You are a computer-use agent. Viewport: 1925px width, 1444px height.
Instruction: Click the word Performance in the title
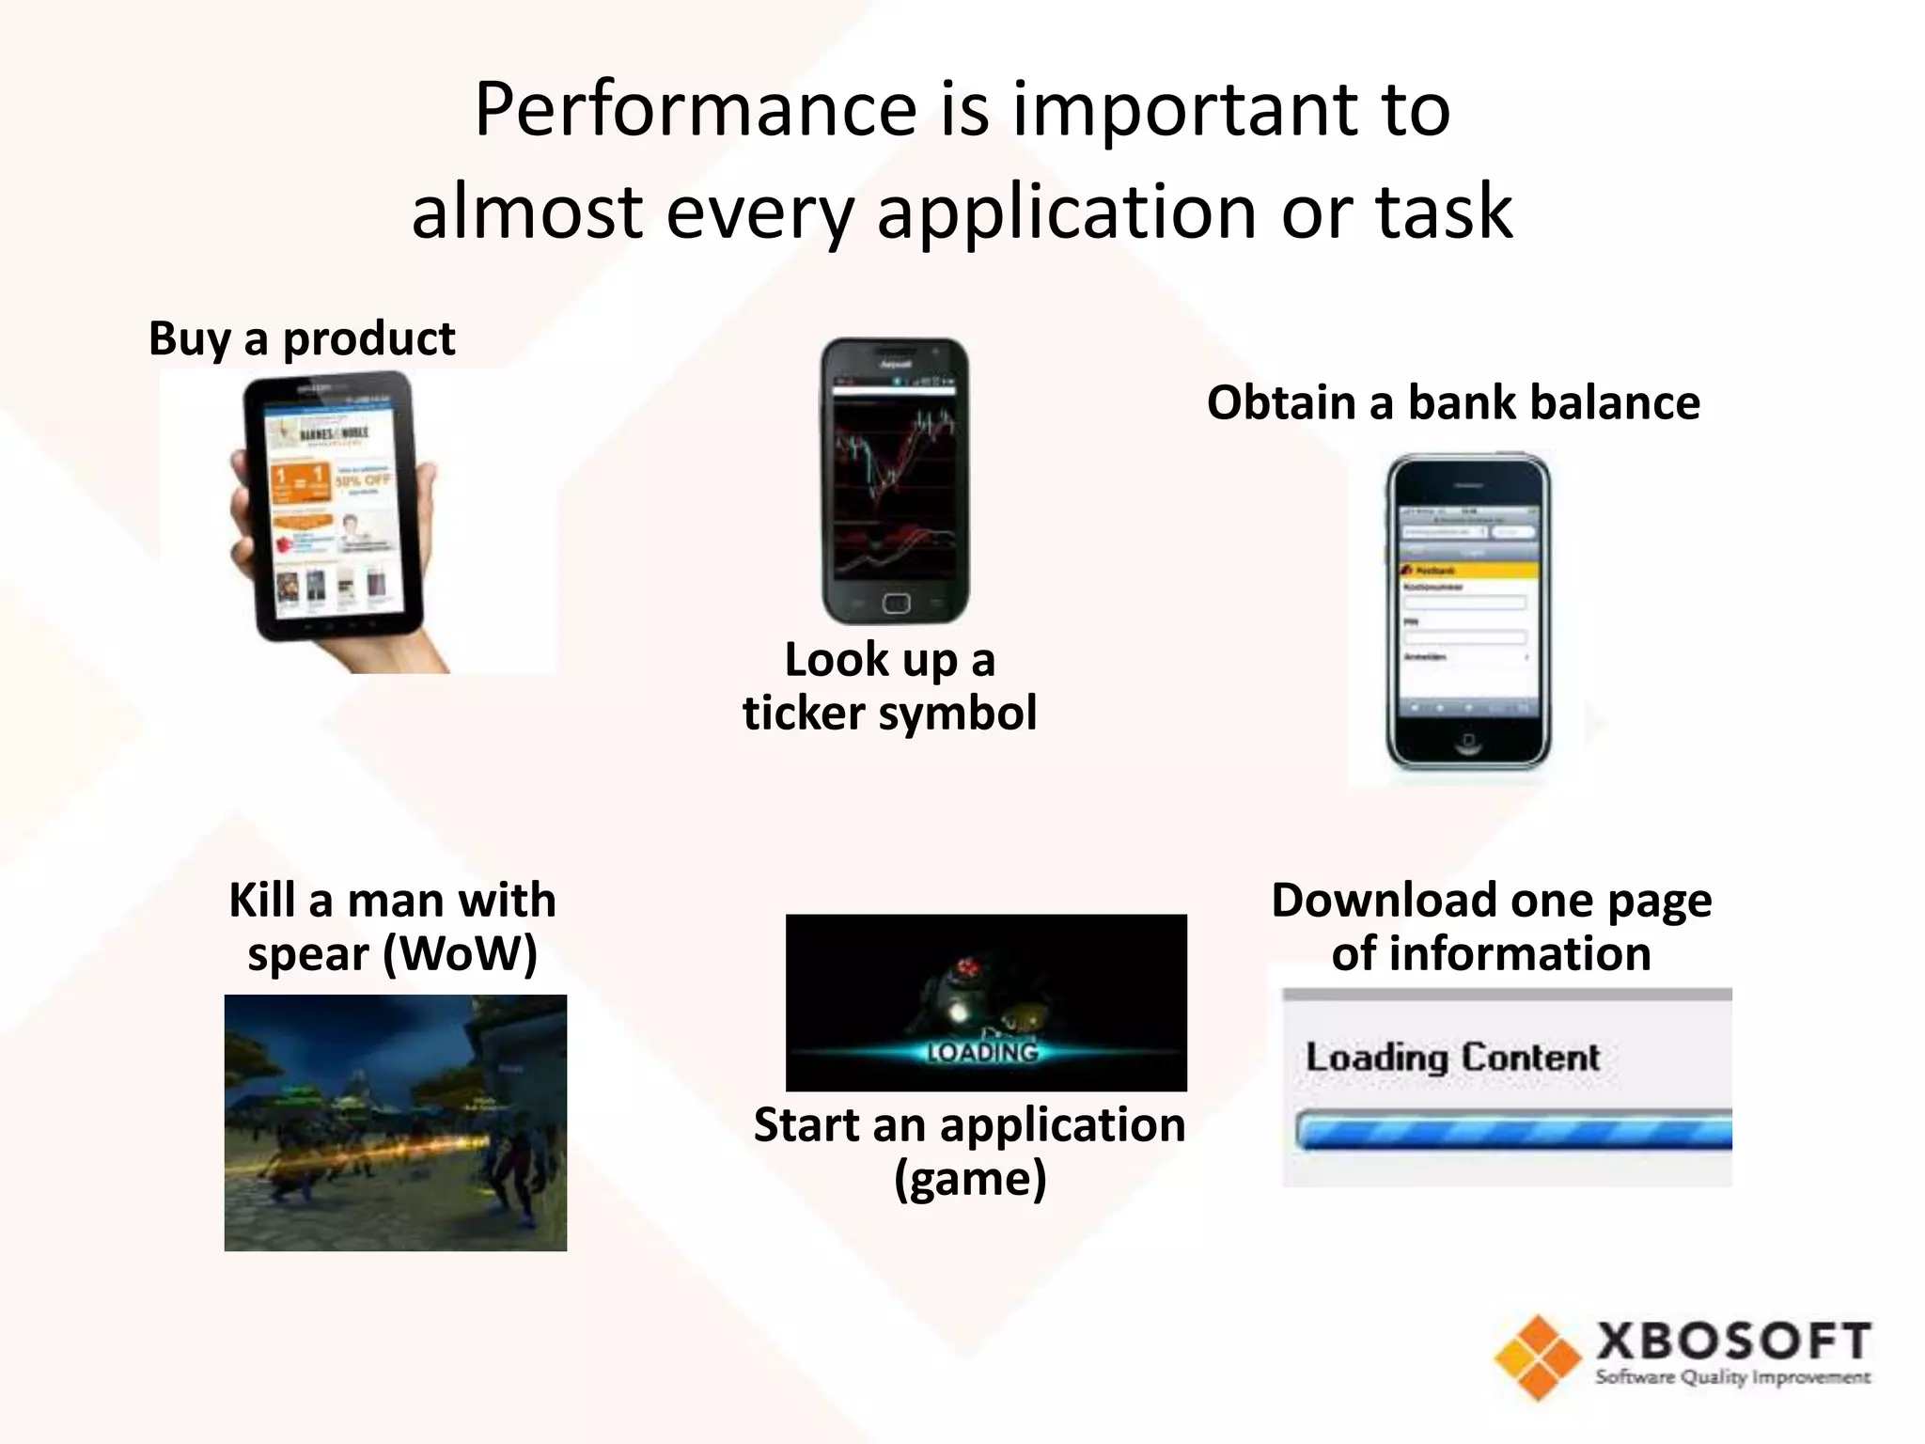pos(696,111)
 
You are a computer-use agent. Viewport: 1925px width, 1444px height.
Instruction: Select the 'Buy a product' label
pos(302,338)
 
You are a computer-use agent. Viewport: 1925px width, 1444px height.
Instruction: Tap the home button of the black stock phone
pos(896,602)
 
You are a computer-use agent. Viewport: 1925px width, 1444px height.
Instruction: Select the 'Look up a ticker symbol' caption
pos(889,685)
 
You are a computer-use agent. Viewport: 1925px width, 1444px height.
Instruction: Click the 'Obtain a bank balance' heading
pos(1453,402)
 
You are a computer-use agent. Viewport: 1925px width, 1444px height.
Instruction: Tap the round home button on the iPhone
pos(1467,743)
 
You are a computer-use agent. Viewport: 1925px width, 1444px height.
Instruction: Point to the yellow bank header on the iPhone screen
pos(1467,570)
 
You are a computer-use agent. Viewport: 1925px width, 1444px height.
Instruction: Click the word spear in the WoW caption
pos(307,953)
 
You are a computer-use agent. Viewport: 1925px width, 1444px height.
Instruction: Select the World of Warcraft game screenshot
pos(395,1122)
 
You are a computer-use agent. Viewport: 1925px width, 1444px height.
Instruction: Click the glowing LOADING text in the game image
pos(983,1052)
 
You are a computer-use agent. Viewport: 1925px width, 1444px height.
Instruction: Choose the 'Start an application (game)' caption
pos(969,1151)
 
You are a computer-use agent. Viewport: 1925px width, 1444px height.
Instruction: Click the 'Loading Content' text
pos(1452,1058)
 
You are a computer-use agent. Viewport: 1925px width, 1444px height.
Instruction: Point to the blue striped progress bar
pos(1513,1130)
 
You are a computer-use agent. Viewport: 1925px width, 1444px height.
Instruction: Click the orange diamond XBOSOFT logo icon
pos(1538,1358)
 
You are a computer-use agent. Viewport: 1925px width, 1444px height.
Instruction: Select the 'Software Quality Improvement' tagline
pos(1732,1378)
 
